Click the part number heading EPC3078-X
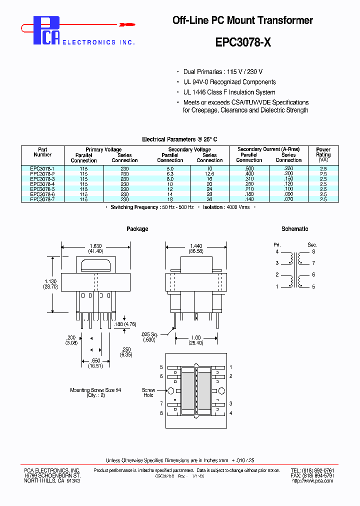[x=243, y=42]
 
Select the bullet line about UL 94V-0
[x=229, y=82]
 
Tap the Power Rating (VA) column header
[x=323, y=155]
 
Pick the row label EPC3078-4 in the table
[x=42, y=184]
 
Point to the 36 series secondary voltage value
[x=209, y=199]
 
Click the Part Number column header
[x=42, y=152]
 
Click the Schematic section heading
[x=294, y=229]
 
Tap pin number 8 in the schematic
[x=313, y=252]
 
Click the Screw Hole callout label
[x=148, y=392]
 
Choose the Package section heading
[x=137, y=229]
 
